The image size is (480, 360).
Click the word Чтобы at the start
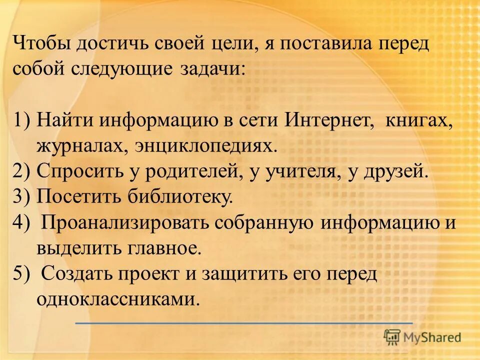[x=42, y=43]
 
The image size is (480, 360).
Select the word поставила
[x=330, y=43]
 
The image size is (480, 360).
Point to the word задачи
[x=212, y=69]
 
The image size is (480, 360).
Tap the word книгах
[x=419, y=121]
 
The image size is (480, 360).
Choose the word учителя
[x=298, y=172]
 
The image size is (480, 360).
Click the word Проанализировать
[x=124, y=223]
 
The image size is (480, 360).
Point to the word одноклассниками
[x=118, y=299]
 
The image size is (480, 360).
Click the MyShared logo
[x=423, y=337]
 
